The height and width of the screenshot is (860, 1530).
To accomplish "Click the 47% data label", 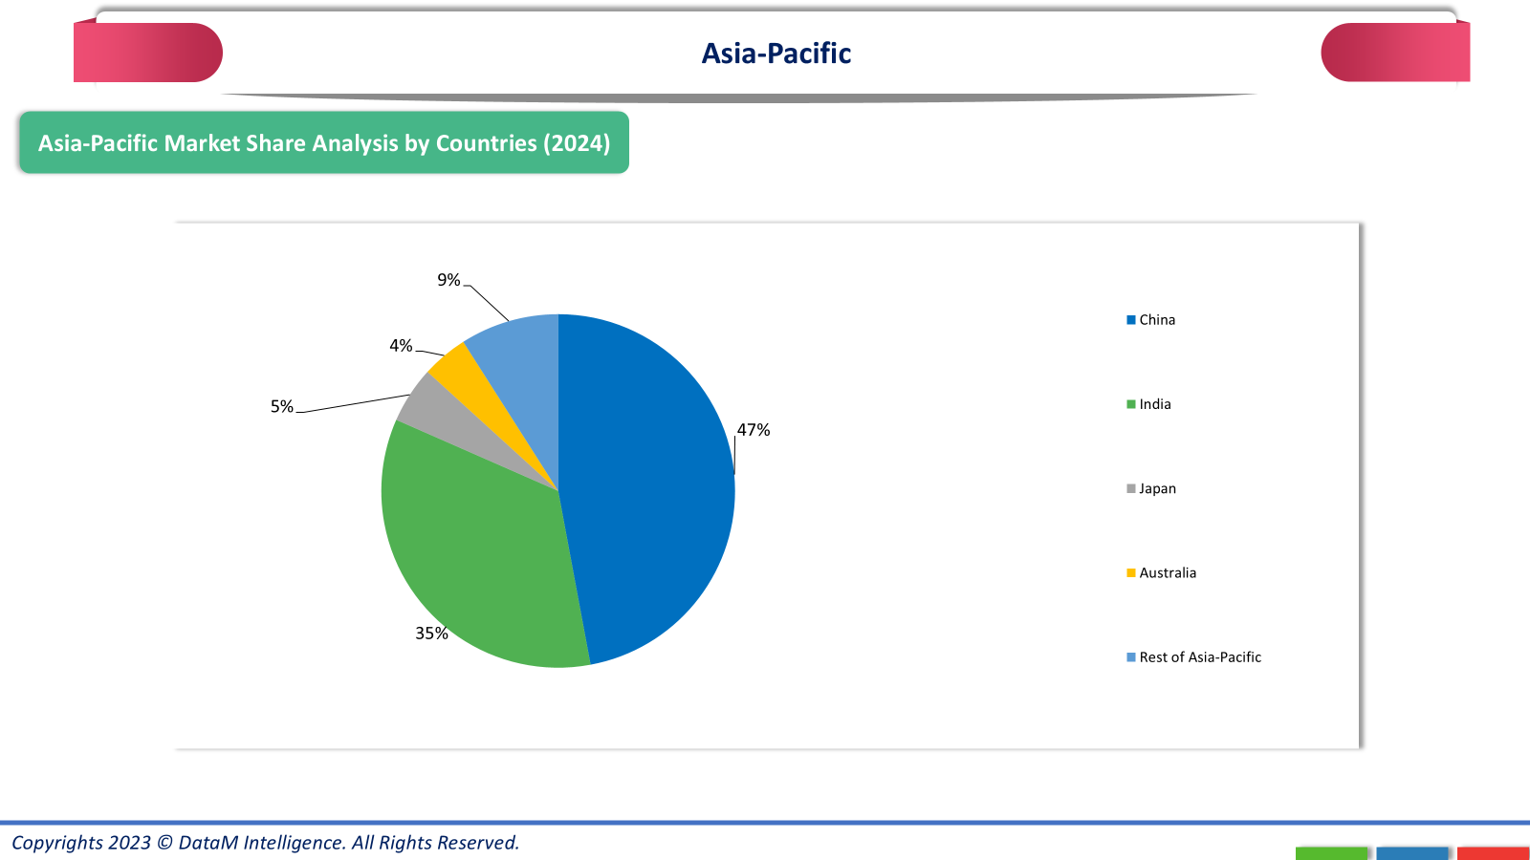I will pos(754,430).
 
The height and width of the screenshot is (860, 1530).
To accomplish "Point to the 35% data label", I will pos(431,634).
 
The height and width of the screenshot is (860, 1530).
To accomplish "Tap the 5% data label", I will pos(281,407).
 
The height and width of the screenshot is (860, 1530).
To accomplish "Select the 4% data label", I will pos(401,346).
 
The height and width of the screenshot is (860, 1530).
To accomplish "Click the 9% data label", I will pos(448,280).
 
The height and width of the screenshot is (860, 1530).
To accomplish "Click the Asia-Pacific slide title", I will pos(776,54).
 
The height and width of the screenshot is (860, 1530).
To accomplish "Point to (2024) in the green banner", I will pos(577,143).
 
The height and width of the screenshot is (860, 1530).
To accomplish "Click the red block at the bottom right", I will pos(1493,852).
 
